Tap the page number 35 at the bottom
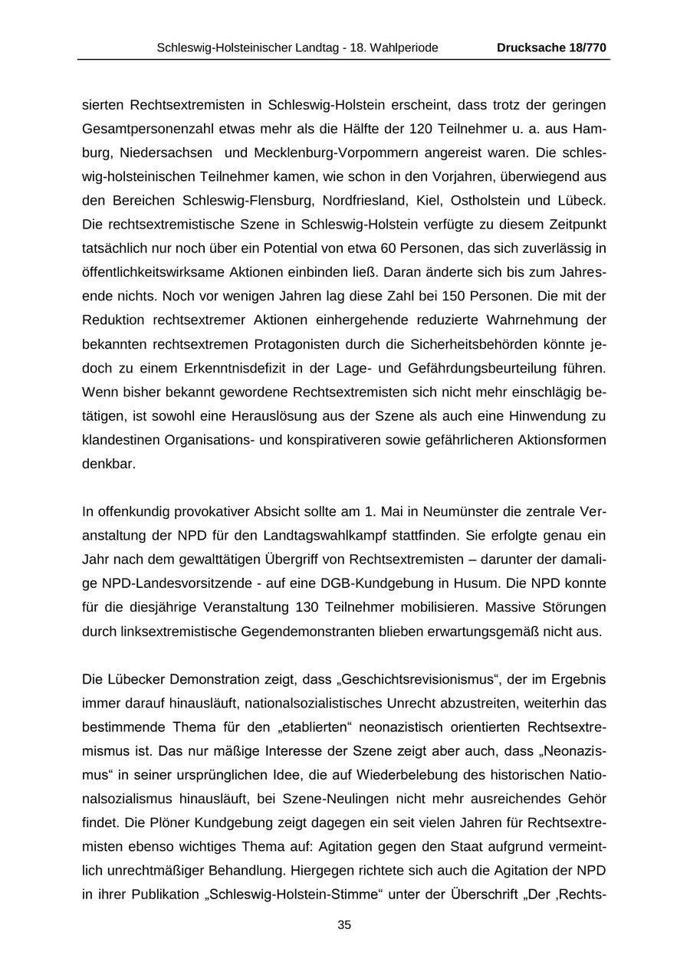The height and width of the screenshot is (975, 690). click(344, 925)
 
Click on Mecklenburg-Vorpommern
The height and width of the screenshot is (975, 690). click(320, 153)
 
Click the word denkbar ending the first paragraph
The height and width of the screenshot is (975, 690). click(108, 464)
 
